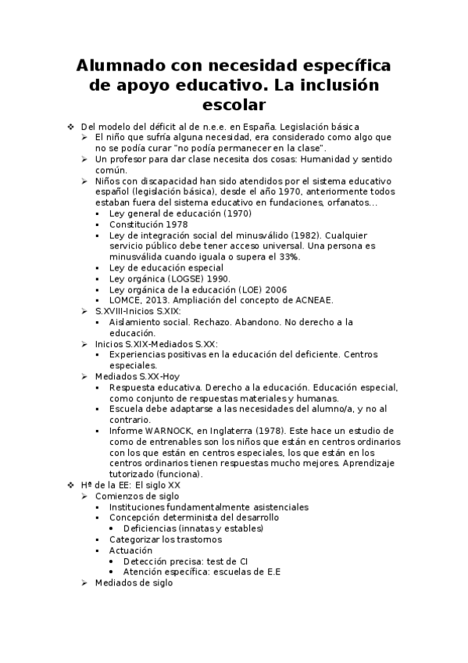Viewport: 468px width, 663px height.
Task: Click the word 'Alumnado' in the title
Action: pos(119,65)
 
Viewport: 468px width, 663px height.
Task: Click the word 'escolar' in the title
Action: pos(234,103)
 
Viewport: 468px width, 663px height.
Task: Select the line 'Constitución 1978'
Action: pos(148,224)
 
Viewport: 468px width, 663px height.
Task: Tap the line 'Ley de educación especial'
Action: pos(166,267)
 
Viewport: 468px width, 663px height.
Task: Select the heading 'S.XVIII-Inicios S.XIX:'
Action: pos(138,310)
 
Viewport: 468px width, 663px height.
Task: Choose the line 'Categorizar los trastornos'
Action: pos(166,539)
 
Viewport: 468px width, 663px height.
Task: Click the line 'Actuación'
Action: pos(130,550)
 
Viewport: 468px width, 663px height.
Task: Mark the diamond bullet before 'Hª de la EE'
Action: pos(71,485)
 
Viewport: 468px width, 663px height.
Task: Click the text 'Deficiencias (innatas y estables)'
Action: pos(193,529)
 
